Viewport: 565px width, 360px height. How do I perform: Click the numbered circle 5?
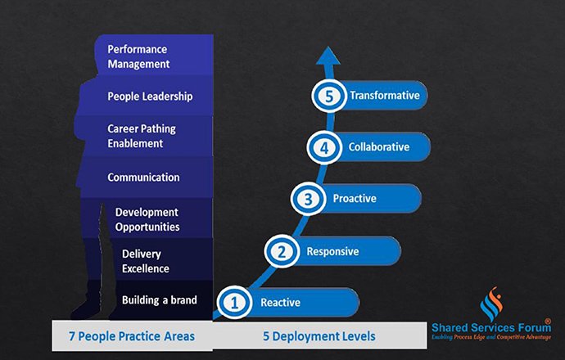pos(329,96)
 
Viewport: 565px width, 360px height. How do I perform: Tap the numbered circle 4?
pos(324,147)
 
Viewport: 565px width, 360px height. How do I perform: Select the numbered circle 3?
pos(308,199)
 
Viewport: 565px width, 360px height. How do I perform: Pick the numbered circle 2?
pos(282,251)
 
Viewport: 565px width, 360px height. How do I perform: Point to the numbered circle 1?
pos(234,303)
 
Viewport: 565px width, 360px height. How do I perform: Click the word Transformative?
pos(385,96)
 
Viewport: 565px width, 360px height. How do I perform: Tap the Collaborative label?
pos(379,147)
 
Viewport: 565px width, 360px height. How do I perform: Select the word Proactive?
pos(355,198)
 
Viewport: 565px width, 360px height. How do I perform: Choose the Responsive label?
pos(332,251)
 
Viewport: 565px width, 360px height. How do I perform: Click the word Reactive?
pos(280,303)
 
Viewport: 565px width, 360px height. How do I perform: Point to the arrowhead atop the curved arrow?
pos(328,56)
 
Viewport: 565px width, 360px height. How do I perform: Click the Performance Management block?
pos(154,55)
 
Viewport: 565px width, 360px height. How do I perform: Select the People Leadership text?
pos(150,97)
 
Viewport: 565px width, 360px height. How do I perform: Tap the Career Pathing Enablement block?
pos(144,136)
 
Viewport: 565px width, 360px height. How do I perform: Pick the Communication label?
pos(143,177)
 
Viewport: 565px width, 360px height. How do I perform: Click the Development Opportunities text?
pos(147,219)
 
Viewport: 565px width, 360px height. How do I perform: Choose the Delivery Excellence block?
pos(163,260)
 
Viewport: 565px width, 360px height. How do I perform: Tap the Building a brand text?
pos(160,300)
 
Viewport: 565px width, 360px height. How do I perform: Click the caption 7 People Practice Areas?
pos(132,336)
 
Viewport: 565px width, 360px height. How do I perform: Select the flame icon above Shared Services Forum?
pos(491,303)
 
